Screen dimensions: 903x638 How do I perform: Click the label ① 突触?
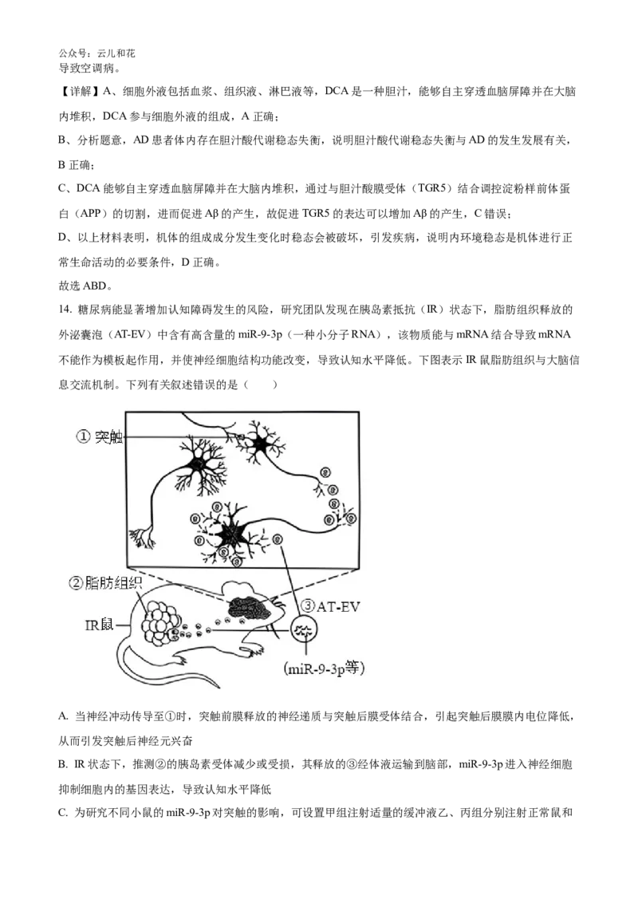[x=99, y=437]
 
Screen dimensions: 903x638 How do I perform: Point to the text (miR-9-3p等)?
[x=325, y=670]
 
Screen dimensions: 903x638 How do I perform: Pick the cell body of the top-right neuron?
[x=260, y=446]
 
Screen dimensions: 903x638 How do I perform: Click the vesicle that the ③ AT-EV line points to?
[x=278, y=540]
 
